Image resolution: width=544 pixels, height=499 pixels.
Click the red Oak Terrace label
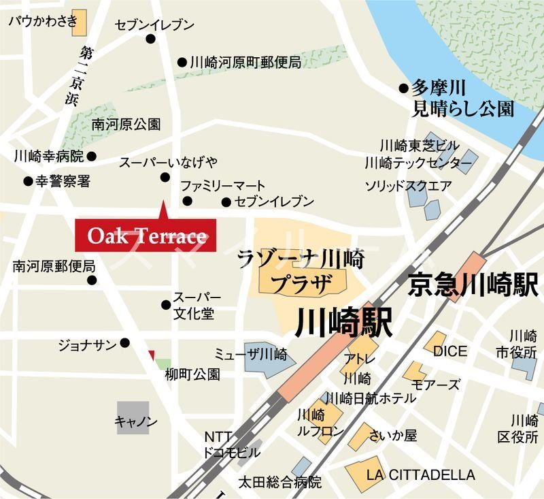coord(146,236)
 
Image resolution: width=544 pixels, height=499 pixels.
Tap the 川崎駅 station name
coord(344,323)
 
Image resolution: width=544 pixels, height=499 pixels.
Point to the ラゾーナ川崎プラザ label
coord(302,271)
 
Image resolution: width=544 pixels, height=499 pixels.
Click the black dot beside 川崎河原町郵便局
coord(182,63)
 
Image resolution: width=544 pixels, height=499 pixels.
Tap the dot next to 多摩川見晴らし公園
coord(404,88)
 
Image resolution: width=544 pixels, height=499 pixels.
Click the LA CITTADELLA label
coord(420,475)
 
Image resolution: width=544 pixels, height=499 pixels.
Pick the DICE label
coord(450,351)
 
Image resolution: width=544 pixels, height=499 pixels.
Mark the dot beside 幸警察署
coord(28,182)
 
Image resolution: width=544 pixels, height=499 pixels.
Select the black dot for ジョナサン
coord(125,342)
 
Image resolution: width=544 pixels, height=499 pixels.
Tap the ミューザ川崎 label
coord(251,355)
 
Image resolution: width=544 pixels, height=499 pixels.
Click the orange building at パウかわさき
coord(80,22)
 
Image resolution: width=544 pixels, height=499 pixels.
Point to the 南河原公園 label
coord(126,125)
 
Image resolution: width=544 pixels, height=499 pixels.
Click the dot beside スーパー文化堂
coord(165,304)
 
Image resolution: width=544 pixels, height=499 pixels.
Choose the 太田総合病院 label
coord(279,483)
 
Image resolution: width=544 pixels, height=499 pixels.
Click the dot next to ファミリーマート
coord(187,201)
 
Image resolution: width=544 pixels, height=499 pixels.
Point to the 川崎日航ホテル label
coord(371,398)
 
